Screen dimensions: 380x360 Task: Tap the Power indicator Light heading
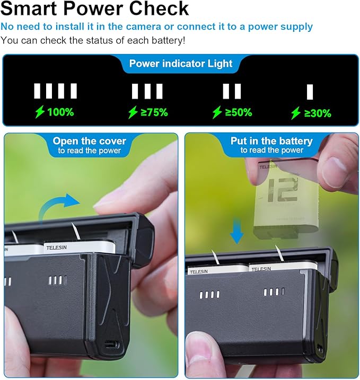pyautogui.click(x=181, y=64)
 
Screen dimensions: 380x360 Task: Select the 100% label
pyautogui.click(x=60, y=112)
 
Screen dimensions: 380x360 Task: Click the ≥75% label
pyautogui.click(x=154, y=112)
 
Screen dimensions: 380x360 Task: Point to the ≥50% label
pyautogui.click(x=238, y=112)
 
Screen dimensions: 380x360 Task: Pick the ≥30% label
pyautogui.click(x=317, y=113)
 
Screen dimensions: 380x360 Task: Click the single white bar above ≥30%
pyautogui.click(x=310, y=92)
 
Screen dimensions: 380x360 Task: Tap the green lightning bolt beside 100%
pyautogui.click(x=40, y=112)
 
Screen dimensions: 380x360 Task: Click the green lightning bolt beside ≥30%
pyautogui.click(x=295, y=113)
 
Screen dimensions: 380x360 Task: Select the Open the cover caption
pyautogui.click(x=90, y=141)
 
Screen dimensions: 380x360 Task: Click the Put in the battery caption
pyautogui.click(x=271, y=141)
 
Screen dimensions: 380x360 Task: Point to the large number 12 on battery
pyautogui.click(x=282, y=190)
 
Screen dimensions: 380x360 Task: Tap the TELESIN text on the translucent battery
pyautogui.click(x=268, y=166)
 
